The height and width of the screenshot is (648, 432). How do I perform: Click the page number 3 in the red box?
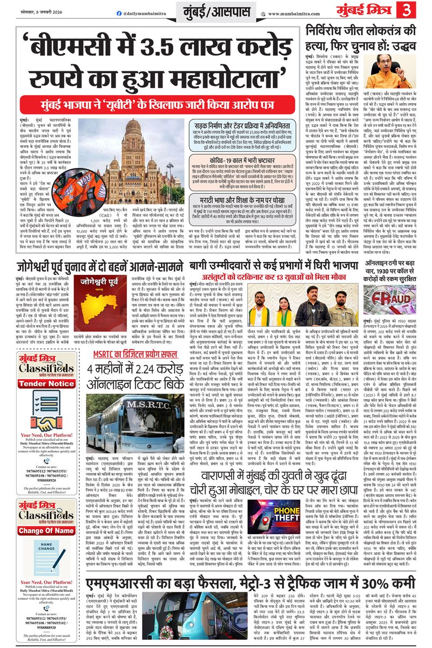coord(418,10)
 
